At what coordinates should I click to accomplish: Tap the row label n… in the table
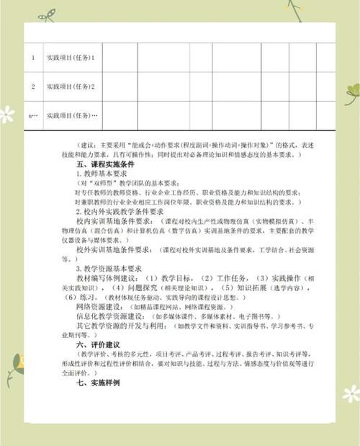pos(32,115)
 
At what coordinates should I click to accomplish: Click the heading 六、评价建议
pos(99,344)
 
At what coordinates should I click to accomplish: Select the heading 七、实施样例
pos(99,383)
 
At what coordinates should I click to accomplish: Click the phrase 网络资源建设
pos(100,305)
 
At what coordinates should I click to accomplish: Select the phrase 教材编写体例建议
pos(107,277)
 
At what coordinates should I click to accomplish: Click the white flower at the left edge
pos(6,114)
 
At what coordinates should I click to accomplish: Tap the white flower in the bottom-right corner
pos(351,393)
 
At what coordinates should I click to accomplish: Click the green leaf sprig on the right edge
pos(351,92)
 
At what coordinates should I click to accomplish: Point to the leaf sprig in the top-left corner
pos(46,15)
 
